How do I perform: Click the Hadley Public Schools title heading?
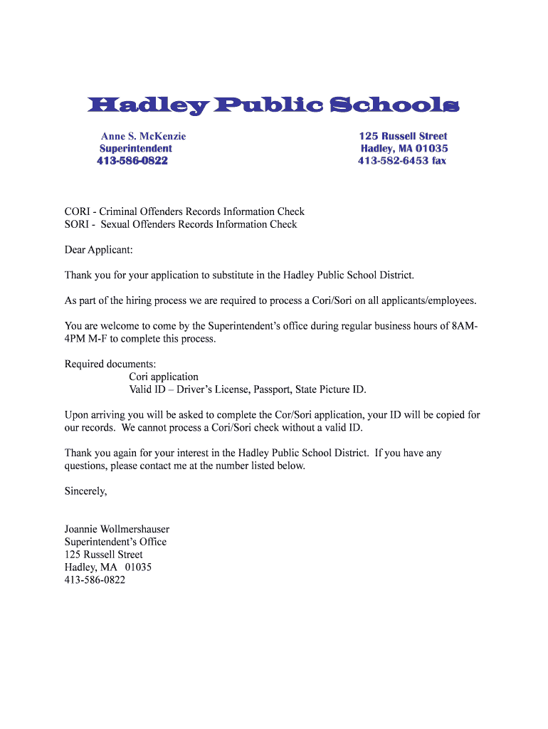point(273,106)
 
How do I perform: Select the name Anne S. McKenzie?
point(143,136)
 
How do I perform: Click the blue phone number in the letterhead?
point(132,161)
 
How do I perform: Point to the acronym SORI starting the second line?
point(76,224)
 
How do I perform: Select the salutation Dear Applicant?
point(98,250)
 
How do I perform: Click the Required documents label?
point(110,364)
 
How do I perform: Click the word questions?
point(86,466)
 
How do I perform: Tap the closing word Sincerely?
point(85,491)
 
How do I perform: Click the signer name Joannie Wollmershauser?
point(117,529)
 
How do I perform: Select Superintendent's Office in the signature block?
point(115,542)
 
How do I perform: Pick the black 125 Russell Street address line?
point(103,555)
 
